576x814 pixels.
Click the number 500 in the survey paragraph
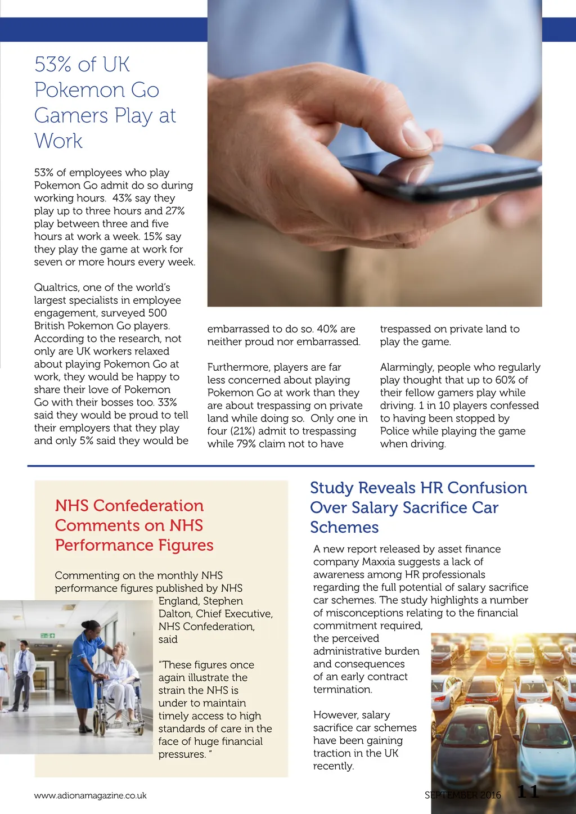coord(157,313)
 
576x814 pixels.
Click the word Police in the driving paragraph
coord(395,431)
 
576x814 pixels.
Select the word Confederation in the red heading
coord(148,506)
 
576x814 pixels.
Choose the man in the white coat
coord(23,672)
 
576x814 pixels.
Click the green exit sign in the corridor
coord(47,636)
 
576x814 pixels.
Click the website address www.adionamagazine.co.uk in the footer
coord(90,795)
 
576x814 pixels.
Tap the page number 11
coord(528,792)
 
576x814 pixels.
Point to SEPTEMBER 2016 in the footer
coord(462,795)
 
